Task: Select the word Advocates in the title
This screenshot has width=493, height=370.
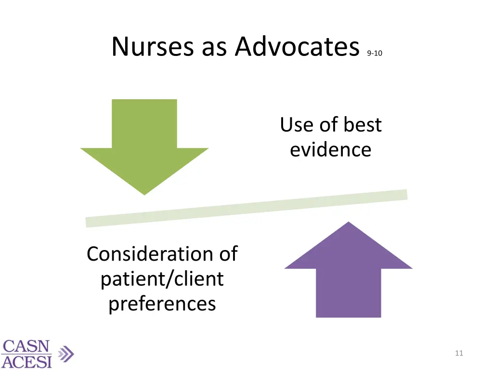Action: click(298, 47)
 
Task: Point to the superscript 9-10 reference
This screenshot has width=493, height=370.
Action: click(374, 54)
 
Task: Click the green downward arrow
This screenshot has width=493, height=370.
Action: click(144, 140)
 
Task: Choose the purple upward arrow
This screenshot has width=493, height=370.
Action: click(348, 275)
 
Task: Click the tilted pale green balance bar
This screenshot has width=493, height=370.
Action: click(246, 208)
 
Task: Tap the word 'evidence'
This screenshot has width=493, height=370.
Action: click(331, 149)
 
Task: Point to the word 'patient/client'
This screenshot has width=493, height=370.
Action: click(162, 279)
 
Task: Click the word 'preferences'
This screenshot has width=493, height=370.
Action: click(162, 304)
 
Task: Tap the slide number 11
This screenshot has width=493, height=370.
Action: click(458, 353)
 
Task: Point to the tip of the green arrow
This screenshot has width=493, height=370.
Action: click(144, 194)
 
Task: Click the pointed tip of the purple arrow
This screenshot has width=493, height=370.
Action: click(348, 223)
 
